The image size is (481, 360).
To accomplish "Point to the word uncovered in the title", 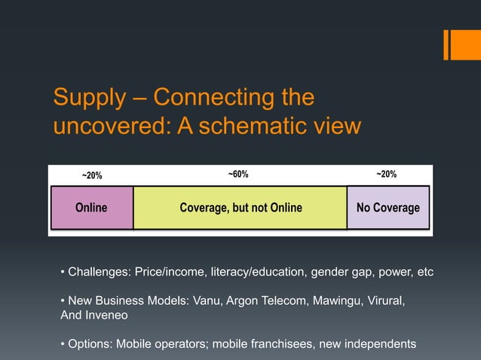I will (111, 125).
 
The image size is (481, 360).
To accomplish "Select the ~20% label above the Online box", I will (92, 175).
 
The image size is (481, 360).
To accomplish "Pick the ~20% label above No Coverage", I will (386, 175).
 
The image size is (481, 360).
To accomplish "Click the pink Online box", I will (91, 208).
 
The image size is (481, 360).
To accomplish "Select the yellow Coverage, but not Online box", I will (240, 208).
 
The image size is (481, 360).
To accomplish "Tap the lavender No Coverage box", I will (388, 208).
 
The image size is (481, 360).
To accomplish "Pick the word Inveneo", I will (110, 316).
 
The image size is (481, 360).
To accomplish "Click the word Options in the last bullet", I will (89, 345).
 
